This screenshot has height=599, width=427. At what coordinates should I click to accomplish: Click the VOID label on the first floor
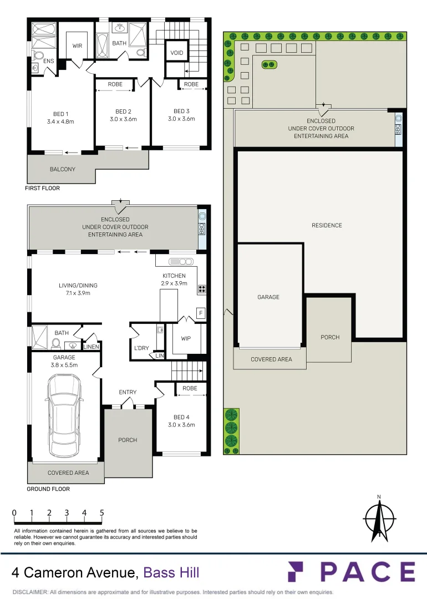(x=177, y=53)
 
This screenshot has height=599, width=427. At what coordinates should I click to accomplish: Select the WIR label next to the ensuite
(x=77, y=46)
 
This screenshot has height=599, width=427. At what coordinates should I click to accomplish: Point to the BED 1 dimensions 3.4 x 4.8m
(x=61, y=122)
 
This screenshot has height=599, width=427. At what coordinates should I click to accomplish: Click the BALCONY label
(x=63, y=169)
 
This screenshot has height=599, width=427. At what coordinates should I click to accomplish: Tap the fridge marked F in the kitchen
(x=201, y=313)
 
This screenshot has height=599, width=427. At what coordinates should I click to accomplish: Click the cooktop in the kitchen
(x=202, y=289)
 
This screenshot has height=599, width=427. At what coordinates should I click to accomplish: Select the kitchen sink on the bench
(x=181, y=262)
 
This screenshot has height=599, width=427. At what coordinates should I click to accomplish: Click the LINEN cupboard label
(x=91, y=347)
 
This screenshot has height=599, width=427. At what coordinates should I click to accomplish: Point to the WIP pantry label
(x=186, y=338)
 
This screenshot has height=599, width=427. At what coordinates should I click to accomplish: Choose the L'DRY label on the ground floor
(x=141, y=348)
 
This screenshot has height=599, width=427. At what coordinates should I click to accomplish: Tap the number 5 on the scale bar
(x=101, y=512)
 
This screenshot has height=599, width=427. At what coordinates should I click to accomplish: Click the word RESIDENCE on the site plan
(x=327, y=225)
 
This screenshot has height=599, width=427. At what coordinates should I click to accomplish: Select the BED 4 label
(x=181, y=417)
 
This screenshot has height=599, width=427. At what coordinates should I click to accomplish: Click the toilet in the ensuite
(x=37, y=57)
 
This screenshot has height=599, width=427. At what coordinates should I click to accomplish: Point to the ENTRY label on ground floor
(x=128, y=392)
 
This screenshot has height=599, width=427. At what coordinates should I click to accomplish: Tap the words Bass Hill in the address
(x=171, y=572)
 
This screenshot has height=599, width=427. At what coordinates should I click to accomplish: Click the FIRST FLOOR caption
(x=42, y=188)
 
